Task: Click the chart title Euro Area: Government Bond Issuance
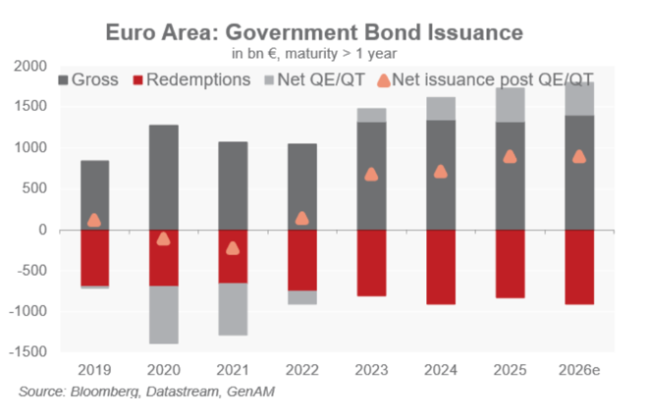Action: click(x=314, y=31)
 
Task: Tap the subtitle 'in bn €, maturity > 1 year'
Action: click(x=314, y=52)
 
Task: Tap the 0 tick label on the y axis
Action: click(x=40, y=230)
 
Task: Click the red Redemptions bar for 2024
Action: click(x=441, y=267)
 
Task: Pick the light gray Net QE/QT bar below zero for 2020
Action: click(x=164, y=314)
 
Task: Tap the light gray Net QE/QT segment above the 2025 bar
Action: click(x=511, y=105)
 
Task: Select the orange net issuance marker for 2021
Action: click(x=233, y=247)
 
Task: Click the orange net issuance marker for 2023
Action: click(x=371, y=174)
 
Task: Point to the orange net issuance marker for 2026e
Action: click(x=579, y=156)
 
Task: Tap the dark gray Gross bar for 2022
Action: click(x=302, y=186)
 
